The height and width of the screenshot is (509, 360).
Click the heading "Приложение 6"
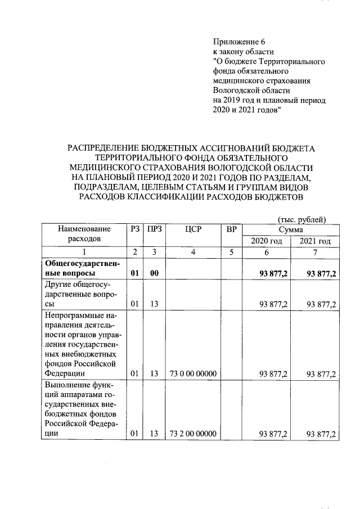pos(238,42)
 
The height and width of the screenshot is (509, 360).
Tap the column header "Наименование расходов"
pos(83,234)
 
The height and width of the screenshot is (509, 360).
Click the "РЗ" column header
pos(134,229)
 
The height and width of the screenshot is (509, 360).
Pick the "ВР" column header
pos(231,229)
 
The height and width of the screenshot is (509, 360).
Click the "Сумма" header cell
pos(290,229)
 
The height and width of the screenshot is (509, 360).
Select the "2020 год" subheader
pos(266,241)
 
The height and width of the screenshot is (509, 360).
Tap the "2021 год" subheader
pos(315,241)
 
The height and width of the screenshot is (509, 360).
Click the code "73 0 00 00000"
pos(192,373)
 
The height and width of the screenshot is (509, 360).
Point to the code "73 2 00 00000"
pos(192,434)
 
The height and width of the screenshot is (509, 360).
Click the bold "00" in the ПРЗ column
pos(153,273)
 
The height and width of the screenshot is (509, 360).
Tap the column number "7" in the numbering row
pos(315,253)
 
